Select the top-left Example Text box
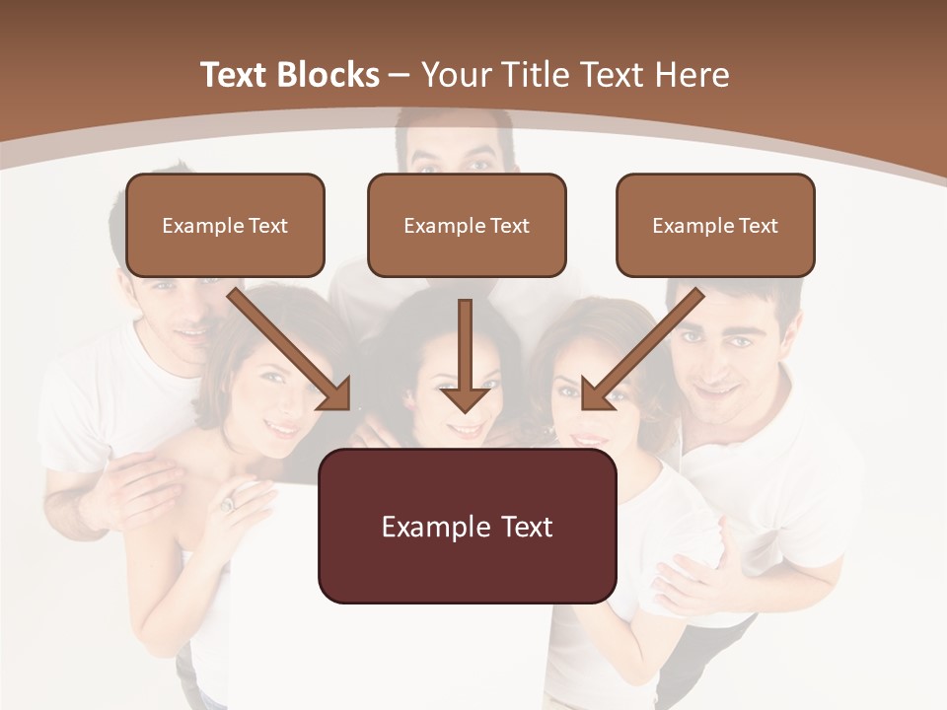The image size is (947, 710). (225, 225)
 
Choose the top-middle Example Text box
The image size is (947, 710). (467, 225)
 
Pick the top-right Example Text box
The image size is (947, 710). (715, 225)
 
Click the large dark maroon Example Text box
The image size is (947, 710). (467, 526)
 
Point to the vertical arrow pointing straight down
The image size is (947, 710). (465, 356)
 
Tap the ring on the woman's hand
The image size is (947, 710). (227, 505)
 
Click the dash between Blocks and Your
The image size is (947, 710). (400, 76)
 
